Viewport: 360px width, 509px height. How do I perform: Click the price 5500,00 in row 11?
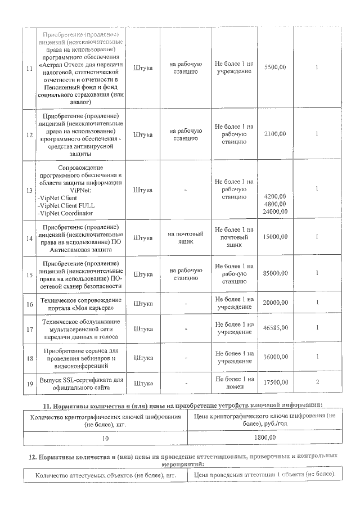(275, 67)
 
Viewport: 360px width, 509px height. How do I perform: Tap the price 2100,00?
(275, 134)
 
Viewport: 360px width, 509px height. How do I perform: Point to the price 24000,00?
(275, 211)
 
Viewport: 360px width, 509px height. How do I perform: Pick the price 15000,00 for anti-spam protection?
(275, 237)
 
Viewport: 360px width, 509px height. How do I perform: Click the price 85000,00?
(275, 273)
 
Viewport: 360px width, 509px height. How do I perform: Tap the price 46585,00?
(275, 327)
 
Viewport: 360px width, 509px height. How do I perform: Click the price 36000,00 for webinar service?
(275, 357)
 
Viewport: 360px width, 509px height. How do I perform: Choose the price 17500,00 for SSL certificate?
(275, 382)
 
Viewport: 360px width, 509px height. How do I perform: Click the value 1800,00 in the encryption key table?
(264, 436)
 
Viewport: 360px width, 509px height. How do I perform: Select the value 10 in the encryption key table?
(105, 436)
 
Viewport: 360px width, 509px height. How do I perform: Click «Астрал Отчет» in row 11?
(61, 65)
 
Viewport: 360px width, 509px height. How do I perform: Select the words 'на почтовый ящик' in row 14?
(186, 237)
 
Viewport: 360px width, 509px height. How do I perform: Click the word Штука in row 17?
(143, 328)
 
